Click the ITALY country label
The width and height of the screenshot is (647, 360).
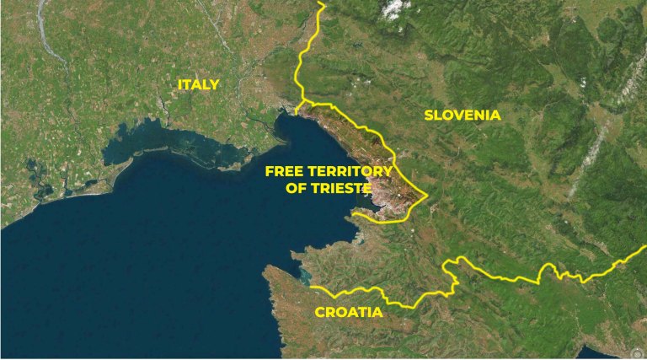tap(199, 84)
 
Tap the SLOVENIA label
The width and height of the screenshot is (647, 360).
tap(463, 115)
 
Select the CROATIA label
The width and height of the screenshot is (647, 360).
tap(349, 312)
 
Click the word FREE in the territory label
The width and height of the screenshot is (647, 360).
tap(284, 171)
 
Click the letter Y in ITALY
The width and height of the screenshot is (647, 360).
tap(215, 84)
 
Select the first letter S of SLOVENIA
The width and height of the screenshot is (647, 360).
tap(429, 115)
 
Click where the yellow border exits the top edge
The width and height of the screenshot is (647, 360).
tap(321, 3)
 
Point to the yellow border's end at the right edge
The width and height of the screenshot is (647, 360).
tap(644, 255)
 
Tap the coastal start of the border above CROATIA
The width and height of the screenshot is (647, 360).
tap(312, 287)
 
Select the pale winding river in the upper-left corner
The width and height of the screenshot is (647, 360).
tap(51, 42)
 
